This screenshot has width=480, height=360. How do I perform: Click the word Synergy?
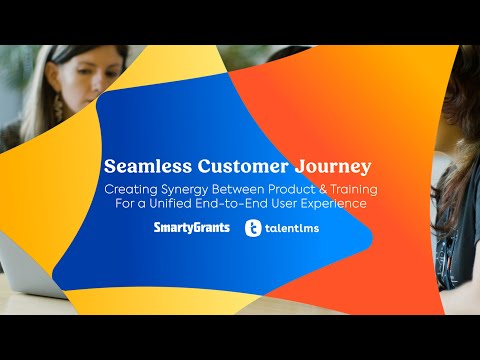click(x=181, y=190)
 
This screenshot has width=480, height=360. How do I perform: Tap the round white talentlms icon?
click(x=255, y=229)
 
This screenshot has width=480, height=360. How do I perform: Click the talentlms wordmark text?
click(x=298, y=229)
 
